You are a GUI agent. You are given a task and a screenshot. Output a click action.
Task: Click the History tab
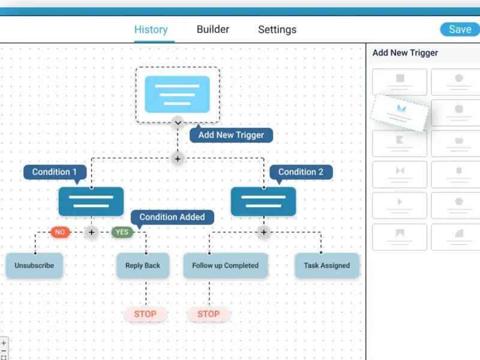[151, 29]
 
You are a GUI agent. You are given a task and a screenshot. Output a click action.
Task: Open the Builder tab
[213, 29]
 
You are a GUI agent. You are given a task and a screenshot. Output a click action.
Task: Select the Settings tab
[277, 29]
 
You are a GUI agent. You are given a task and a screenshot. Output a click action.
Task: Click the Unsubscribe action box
[34, 265]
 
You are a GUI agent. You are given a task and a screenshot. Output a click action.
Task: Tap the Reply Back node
[143, 265]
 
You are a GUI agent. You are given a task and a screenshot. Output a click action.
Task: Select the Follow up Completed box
[226, 265]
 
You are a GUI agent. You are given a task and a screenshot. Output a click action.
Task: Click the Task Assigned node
[326, 265]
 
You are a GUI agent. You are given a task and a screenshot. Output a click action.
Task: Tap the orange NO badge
[60, 232]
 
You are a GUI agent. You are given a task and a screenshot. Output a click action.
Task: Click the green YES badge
[122, 232]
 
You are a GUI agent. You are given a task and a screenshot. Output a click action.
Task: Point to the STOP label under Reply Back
[145, 314]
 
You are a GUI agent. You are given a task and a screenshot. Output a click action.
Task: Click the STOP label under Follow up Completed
[208, 314]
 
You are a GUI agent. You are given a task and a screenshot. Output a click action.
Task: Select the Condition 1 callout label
[55, 172]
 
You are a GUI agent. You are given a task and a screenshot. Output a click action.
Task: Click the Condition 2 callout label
[301, 172]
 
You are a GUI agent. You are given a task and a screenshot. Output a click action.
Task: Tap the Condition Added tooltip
[172, 217]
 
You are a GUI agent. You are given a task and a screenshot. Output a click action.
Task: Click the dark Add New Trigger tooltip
[231, 135]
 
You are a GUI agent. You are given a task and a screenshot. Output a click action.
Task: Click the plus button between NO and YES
[91, 232]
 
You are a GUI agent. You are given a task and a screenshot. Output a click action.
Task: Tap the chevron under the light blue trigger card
[178, 123]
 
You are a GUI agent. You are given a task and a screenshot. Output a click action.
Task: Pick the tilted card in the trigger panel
[400, 113]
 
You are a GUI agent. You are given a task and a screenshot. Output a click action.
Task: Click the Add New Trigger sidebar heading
[405, 53]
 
